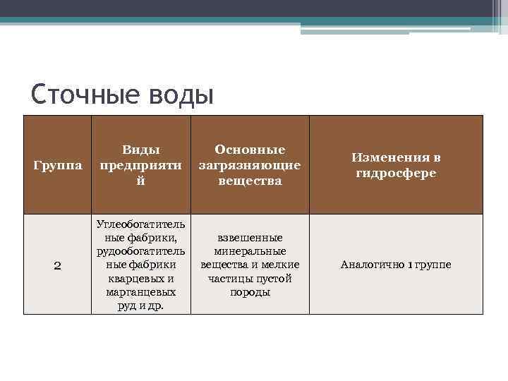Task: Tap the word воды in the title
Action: (x=179, y=94)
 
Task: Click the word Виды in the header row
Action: (x=141, y=150)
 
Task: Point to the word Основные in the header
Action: (x=250, y=150)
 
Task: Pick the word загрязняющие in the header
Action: (x=250, y=165)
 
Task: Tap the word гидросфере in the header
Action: (x=396, y=173)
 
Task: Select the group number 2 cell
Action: (x=58, y=265)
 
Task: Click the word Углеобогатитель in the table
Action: (x=141, y=224)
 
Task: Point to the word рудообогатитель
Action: (x=141, y=251)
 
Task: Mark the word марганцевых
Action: (x=141, y=292)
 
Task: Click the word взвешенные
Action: (x=250, y=238)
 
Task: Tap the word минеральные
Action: (x=250, y=251)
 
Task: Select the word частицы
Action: (x=229, y=279)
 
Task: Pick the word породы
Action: (x=250, y=292)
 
